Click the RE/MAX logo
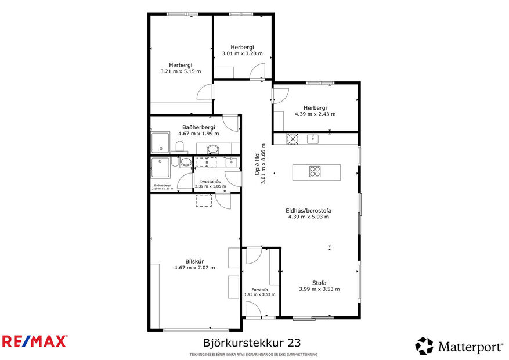pos(35,341)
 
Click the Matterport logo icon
pos(424,345)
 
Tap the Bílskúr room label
pos(194,261)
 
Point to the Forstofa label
pos(259,289)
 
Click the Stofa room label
pos(319,283)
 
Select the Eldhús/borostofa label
pos(308,211)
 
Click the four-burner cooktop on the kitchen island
pos(315,171)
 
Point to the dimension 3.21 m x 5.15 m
pos(181,71)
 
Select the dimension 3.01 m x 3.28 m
pos(242,53)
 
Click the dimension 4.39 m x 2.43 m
pos(315,114)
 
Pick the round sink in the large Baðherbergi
pos(212,149)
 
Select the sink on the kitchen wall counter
pos(313,138)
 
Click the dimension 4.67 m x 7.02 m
pos(194,268)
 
